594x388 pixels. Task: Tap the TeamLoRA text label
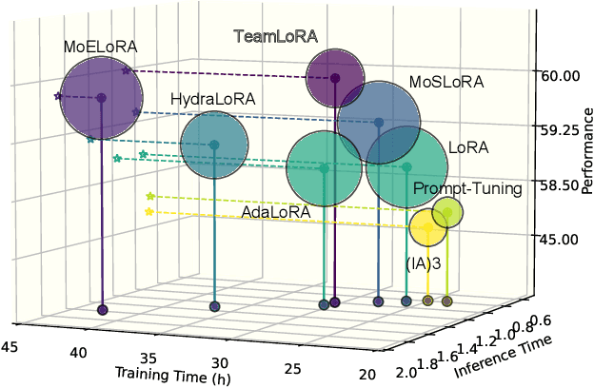click(276, 37)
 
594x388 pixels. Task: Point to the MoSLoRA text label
click(446, 83)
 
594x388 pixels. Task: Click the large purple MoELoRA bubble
click(102, 97)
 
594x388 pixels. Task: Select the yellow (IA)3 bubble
click(428, 228)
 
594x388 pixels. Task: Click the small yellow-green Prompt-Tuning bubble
click(447, 213)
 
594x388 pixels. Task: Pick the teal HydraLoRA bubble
click(214, 145)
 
